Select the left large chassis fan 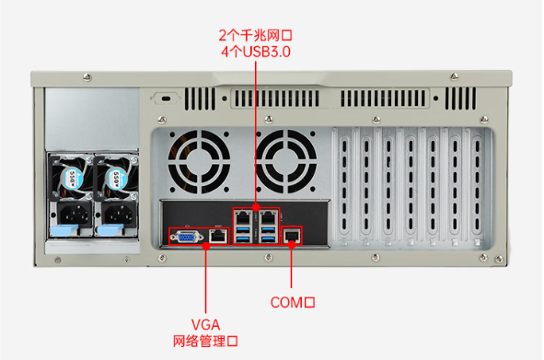click(199, 159)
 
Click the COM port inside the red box click(293, 236)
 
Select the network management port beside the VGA click(217, 236)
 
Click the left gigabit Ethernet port click(243, 217)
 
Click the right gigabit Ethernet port click(267, 217)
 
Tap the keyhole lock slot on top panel click(167, 98)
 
